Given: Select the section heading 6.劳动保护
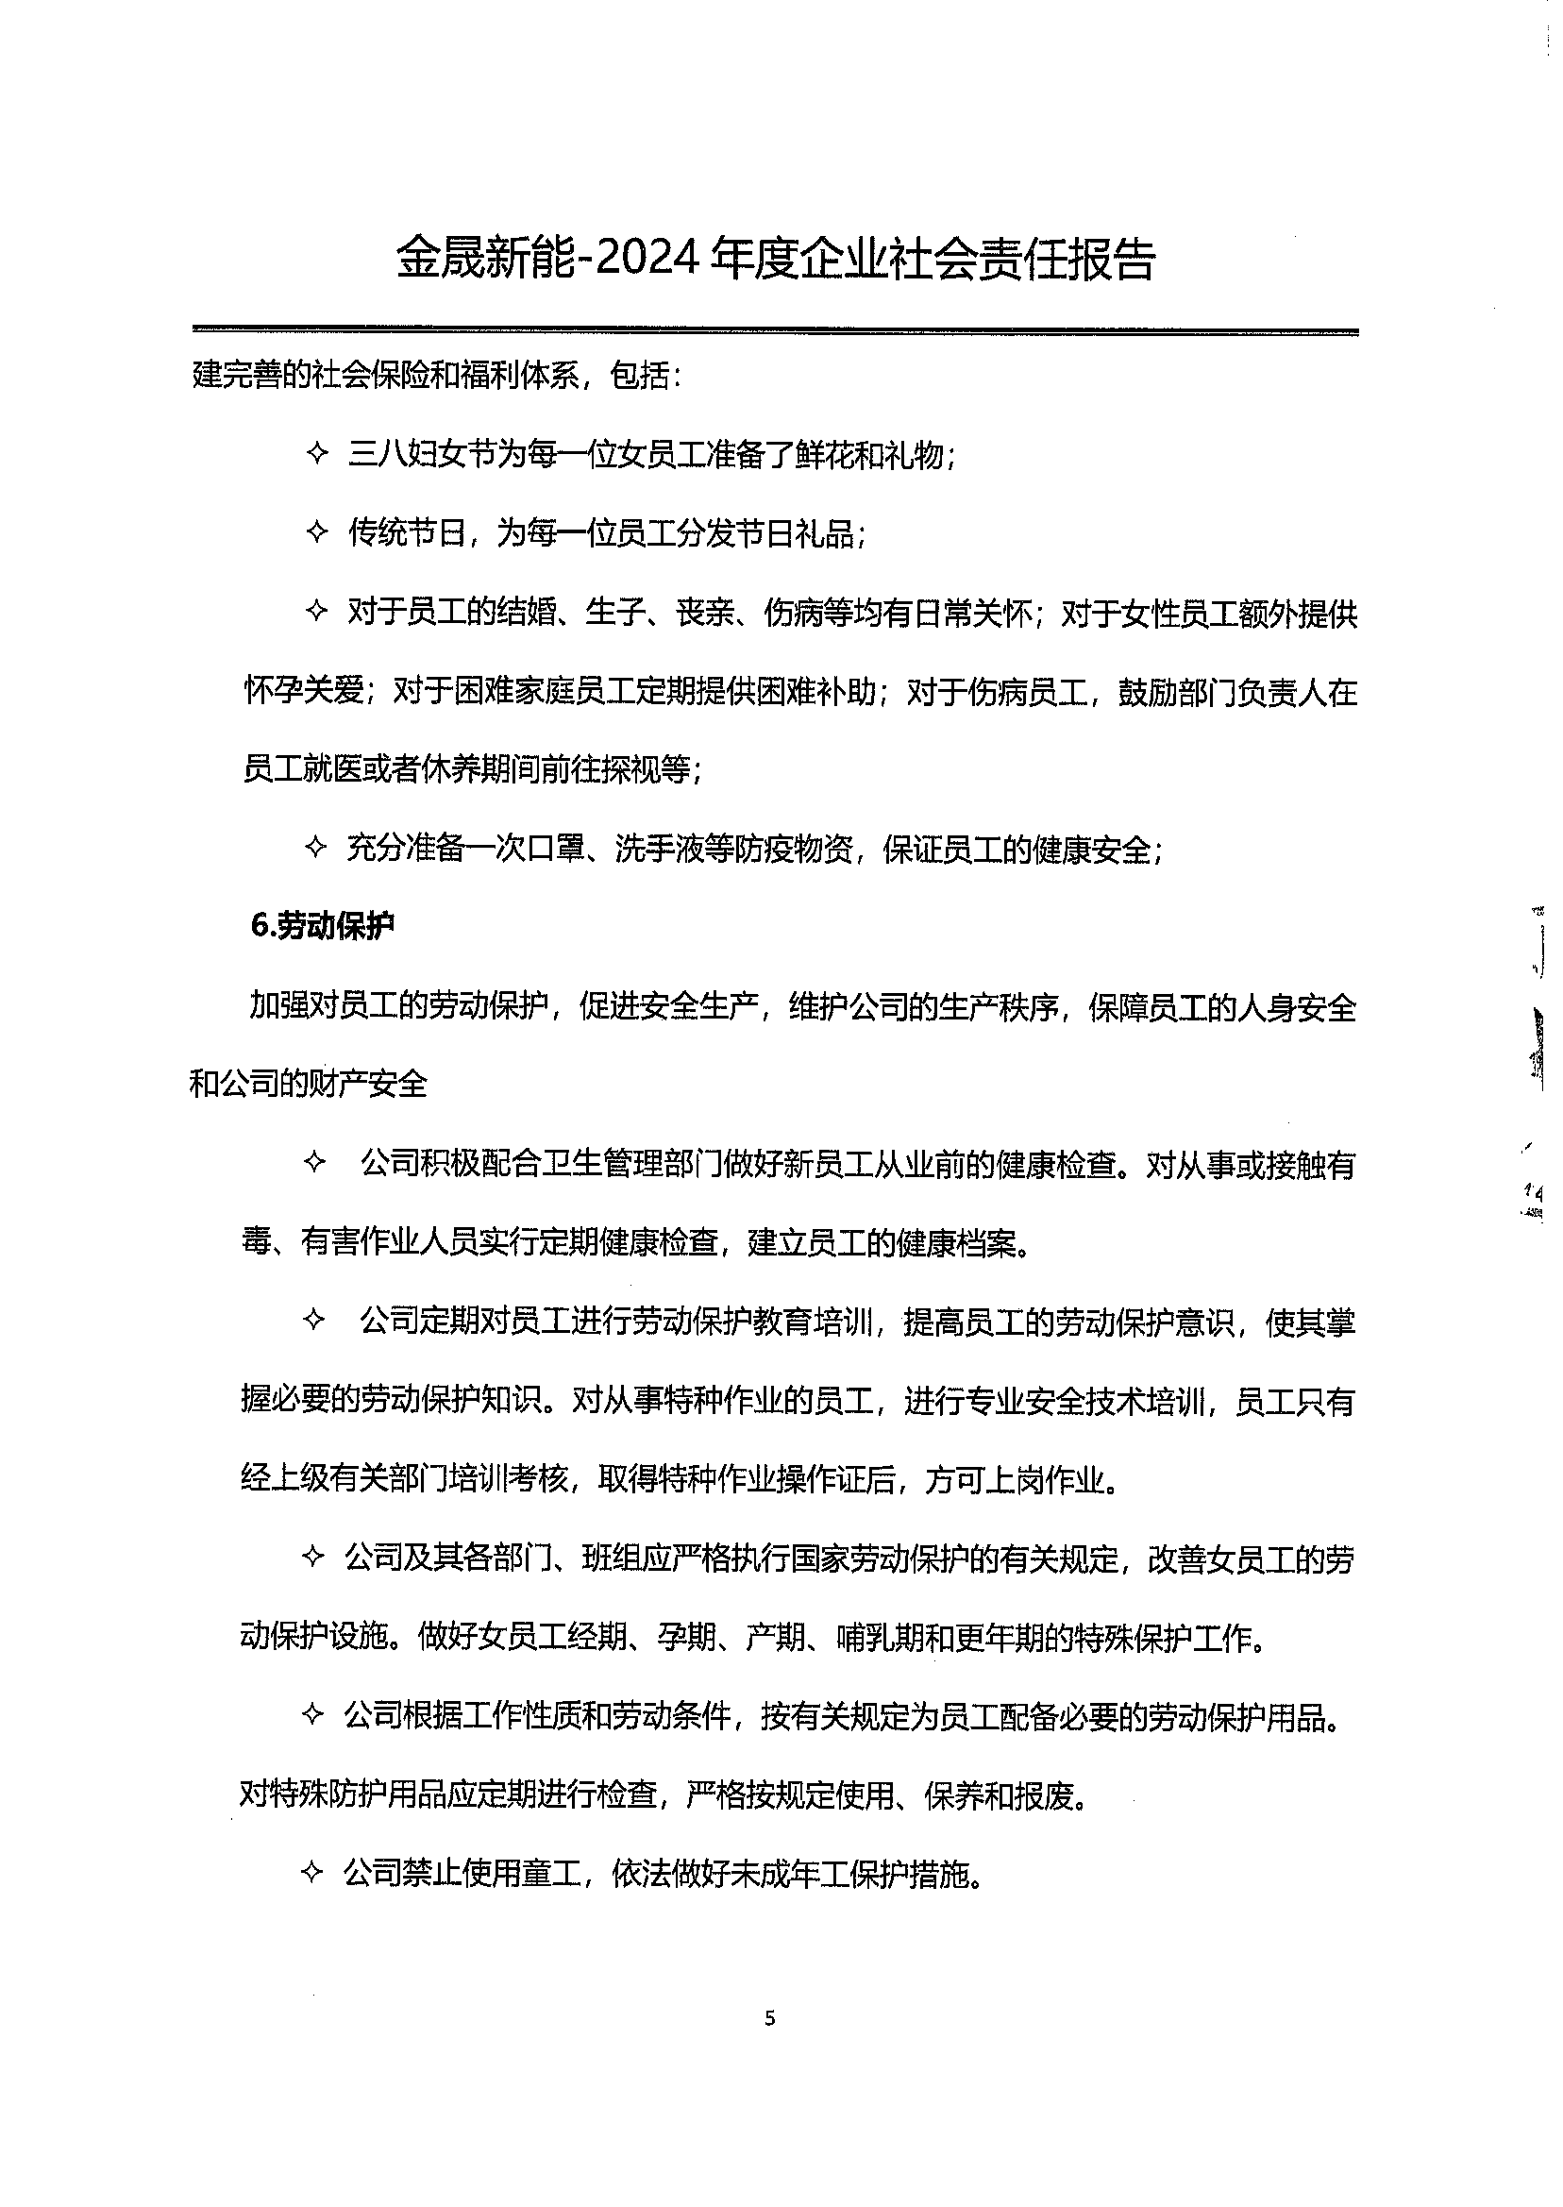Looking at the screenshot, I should pos(323,926).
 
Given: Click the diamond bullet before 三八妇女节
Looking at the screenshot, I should pos(316,454).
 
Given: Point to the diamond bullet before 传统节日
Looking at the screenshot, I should pos(316,532).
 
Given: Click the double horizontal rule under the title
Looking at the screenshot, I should pos(775,331).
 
